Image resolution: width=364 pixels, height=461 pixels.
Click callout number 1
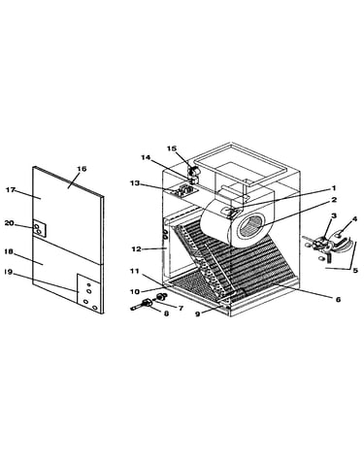(334, 188)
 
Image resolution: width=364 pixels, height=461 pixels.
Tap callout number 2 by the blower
(334, 200)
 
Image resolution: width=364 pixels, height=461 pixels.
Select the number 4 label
(354, 219)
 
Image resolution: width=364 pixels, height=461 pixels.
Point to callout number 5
(355, 271)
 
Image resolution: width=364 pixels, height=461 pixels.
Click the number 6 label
(338, 300)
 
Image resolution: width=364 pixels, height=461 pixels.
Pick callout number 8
(166, 313)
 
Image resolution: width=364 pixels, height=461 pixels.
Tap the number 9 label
(197, 313)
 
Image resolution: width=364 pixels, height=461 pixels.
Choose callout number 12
(137, 249)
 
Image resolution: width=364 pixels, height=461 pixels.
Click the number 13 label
(135, 183)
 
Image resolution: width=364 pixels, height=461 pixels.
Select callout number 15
(172, 148)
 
